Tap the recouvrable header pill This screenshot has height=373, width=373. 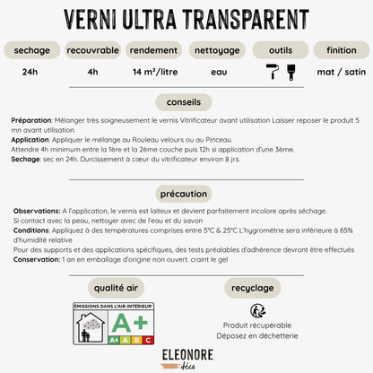(x=92, y=51)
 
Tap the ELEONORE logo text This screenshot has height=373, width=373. (x=186, y=354)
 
